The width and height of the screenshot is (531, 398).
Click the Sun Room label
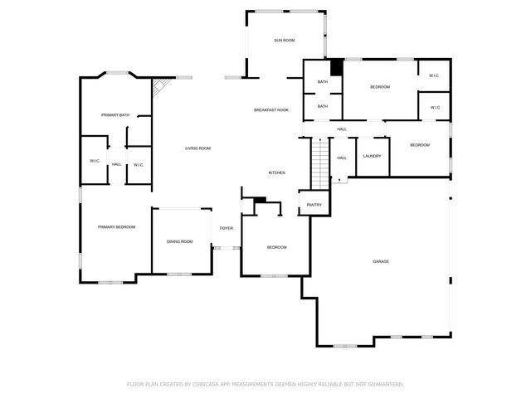pos(285,40)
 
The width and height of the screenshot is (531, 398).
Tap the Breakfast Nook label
pos(271,110)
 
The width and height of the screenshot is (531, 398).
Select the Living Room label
pos(197,148)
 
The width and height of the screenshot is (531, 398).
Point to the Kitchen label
pos(277,172)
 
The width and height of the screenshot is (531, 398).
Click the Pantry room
pos(314,205)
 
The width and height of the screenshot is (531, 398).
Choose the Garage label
pos(381,261)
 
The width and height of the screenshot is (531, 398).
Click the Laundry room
pos(372,156)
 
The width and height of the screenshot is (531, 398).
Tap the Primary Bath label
pos(115,114)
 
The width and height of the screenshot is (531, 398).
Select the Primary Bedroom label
pos(116,227)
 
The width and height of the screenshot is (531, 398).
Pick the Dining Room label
pos(180,241)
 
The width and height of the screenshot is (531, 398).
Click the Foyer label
pos(226,228)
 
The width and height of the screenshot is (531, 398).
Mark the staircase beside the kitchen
pos(321,163)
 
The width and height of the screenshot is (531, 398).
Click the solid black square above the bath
pos(337,68)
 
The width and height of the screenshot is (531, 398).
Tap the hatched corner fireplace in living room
pos(160,87)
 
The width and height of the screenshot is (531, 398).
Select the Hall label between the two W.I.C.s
pos(116,164)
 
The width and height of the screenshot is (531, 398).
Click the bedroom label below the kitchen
pos(276,247)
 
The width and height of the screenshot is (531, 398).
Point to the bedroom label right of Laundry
pos(420,145)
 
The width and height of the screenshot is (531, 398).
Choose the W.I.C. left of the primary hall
pos(95,161)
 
